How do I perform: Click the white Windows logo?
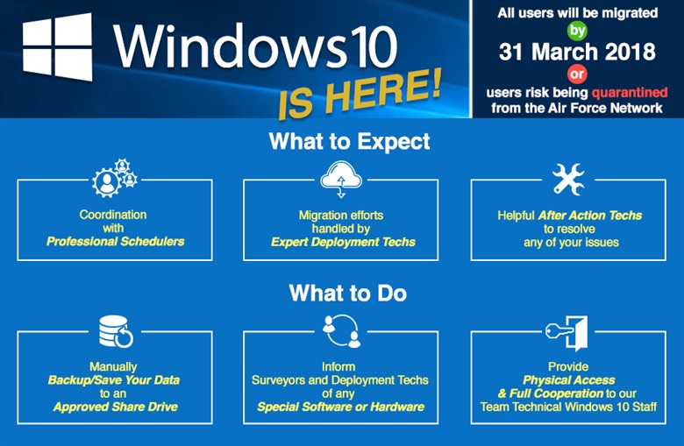(57, 46)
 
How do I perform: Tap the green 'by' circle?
(577, 31)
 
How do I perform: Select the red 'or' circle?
(577, 74)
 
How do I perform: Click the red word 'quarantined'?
(630, 92)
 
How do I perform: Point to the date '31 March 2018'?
(577, 52)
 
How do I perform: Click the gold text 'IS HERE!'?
(360, 95)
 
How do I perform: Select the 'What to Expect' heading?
(349, 141)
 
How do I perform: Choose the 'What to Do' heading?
(347, 293)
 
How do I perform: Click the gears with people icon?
(115, 178)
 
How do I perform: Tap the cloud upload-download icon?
(341, 179)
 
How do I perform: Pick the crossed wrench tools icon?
(568, 179)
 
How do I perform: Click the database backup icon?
(116, 331)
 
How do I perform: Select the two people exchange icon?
(342, 331)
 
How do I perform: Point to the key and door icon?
(567, 333)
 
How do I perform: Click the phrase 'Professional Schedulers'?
(116, 242)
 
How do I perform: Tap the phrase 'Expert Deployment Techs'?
(343, 242)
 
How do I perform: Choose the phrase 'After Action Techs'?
(590, 216)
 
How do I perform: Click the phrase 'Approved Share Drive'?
(116, 407)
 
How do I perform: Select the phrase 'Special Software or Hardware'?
(341, 407)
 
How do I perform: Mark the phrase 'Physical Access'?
(569, 380)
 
